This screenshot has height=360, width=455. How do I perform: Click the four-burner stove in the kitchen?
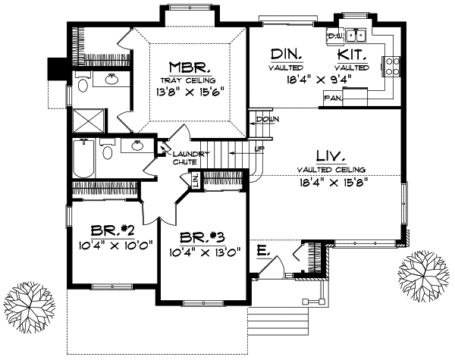[x=394, y=68]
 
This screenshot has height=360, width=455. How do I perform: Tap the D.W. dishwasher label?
[x=334, y=36]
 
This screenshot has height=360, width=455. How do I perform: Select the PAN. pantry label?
[x=331, y=98]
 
